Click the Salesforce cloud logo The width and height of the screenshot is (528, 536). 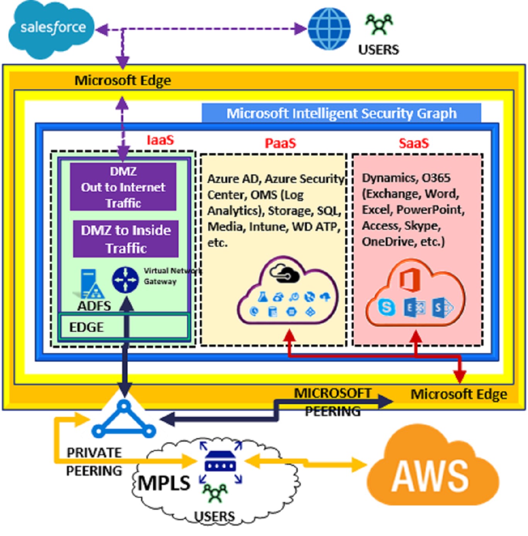[51, 29]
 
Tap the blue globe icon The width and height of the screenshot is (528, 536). [329, 29]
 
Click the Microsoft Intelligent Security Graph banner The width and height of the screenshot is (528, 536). [341, 113]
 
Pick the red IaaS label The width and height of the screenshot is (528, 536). [160, 140]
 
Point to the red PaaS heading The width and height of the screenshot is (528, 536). [280, 143]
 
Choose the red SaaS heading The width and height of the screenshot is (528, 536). [414, 143]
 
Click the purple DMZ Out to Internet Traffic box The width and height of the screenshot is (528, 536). [123, 187]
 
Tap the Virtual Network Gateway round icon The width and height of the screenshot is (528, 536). [125, 280]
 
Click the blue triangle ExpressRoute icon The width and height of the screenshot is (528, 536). [124, 420]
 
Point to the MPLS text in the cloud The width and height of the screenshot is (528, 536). [164, 483]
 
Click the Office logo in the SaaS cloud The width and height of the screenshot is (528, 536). [409, 279]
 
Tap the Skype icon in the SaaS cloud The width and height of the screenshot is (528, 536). [386, 307]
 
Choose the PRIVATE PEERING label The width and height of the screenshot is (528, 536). [94, 462]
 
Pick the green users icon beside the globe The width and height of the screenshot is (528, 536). [379, 24]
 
